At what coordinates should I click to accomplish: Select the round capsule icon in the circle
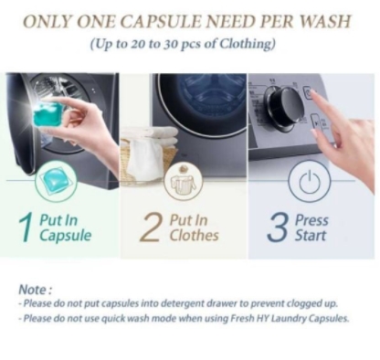(x=56, y=182)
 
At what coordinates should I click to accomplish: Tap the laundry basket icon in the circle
(x=183, y=182)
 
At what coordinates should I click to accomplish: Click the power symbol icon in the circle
(x=309, y=181)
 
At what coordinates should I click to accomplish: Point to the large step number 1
(x=26, y=228)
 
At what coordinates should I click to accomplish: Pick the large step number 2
(x=152, y=228)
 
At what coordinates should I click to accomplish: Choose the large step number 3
(x=278, y=228)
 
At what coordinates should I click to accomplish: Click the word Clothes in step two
(x=195, y=236)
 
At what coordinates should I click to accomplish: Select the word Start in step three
(x=311, y=236)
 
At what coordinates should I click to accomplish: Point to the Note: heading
(x=36, y=290)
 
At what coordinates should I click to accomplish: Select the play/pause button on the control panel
(x=316, y=122)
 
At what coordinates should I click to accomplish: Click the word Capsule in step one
(x=65, y=237)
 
